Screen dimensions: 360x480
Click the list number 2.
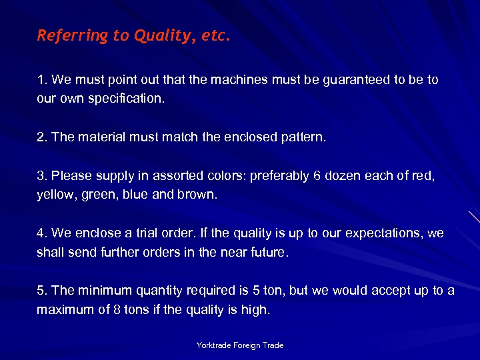(x=41, y=137)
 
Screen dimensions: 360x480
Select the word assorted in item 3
(x=175, y=177)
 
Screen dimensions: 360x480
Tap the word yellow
(x=53, y=195)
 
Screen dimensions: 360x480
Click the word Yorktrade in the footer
(x=212, y=345)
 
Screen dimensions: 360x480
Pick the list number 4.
(x=41, y=234)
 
